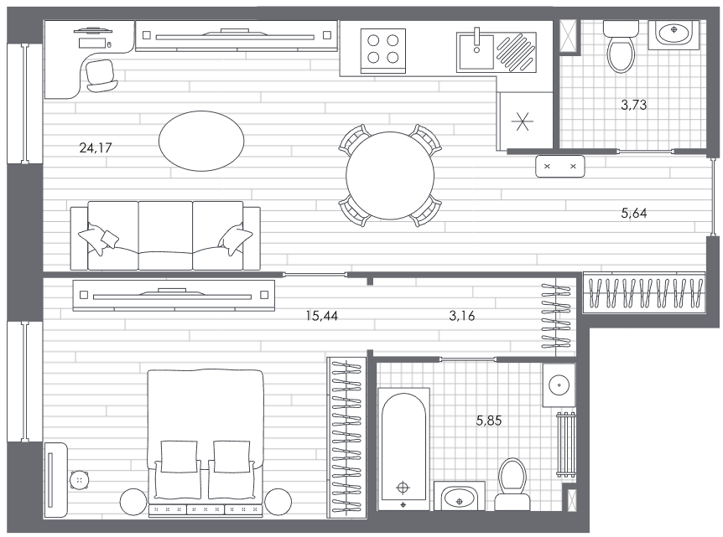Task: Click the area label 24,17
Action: [96, 147]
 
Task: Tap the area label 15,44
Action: [322, 316]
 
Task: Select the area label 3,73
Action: [633, 105]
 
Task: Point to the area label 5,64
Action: [633, 213]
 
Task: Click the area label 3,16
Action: [461, 316]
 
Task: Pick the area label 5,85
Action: [489, 421]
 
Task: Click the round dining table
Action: [390, 175]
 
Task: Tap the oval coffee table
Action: [201, 141]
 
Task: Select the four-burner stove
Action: [383, 50]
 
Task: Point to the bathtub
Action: [403, 449]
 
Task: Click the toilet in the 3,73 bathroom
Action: [622, 48]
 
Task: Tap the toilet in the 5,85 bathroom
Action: [512, 483]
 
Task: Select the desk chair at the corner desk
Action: [101, 75]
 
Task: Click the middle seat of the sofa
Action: [165, 235]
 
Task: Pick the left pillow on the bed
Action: [179, 457]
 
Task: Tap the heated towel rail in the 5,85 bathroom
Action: [566, 444]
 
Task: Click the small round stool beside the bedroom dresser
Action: [80, 480]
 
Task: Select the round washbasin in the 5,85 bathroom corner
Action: [559, 385]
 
